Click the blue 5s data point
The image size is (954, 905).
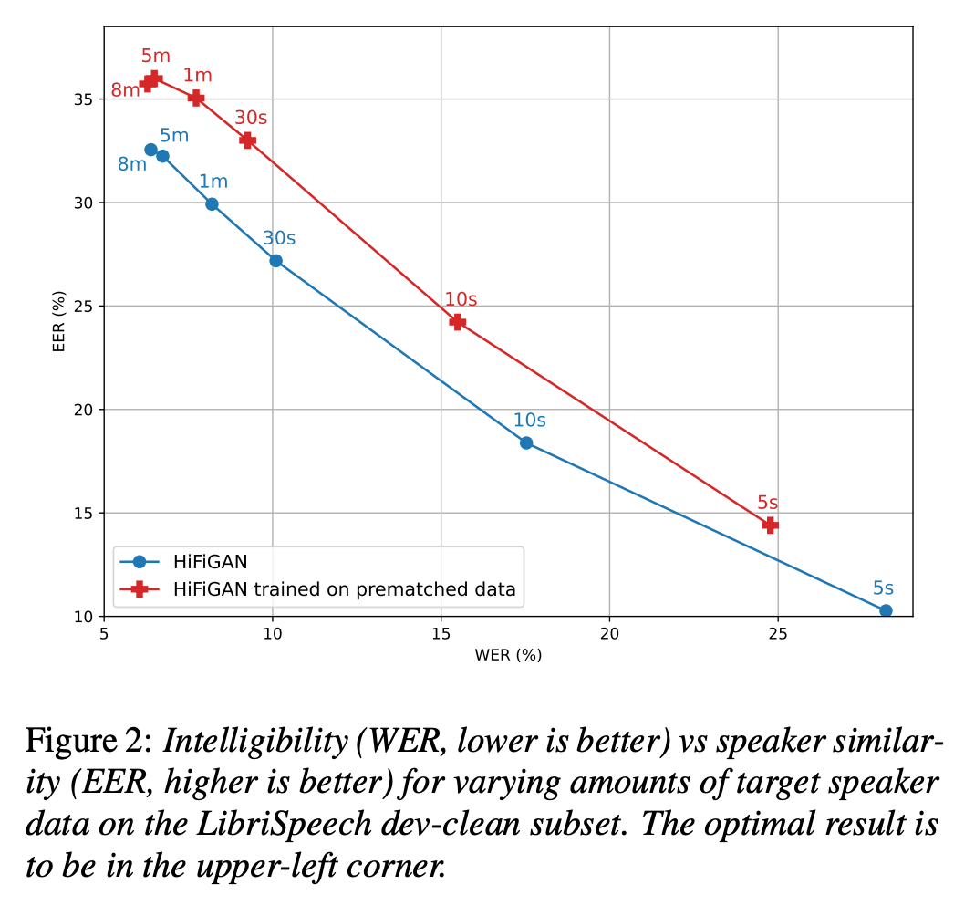coord(886,610)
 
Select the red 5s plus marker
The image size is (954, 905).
coord(771,525)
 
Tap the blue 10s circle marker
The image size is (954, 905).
coord(526,443)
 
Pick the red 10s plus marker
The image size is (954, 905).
coord(458,322)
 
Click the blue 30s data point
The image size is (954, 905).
coord(275,261)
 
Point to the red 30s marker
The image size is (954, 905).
coord(248,140)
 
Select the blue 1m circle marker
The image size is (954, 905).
coord(212,203)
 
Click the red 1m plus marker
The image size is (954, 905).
coord(196,98)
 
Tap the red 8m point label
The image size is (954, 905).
coord(125,90)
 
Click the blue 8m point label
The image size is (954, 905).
coord(132,164)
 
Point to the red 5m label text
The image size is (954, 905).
coord(156,56)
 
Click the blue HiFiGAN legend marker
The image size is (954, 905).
coord(140,561)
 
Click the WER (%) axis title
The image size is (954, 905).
coord(508,655)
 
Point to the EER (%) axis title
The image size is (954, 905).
coord(58,321)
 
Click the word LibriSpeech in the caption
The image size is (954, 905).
coord(285,824)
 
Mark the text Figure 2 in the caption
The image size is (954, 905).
coord(88,742)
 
